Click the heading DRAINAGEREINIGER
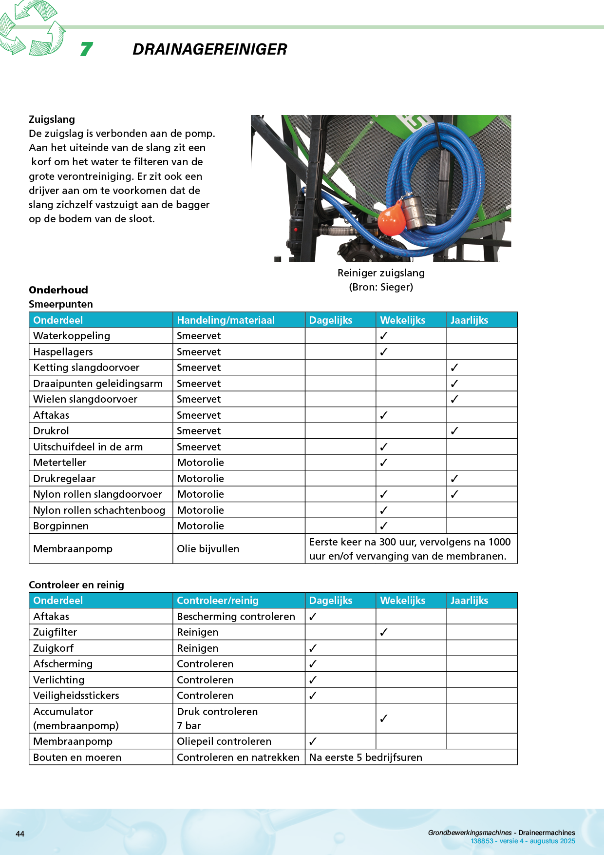coord(209,49)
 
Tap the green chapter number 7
coord(86,49)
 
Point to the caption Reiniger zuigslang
coord(381,273)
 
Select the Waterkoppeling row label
coord(72,336)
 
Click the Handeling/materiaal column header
coord(226,320)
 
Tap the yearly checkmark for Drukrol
coord(454,431)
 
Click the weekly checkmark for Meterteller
coord(384,463)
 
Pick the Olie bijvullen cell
coord(208,549)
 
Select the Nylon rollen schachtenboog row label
coord(99,510)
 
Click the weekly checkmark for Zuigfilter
coord(384,632)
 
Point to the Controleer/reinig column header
coord(218,601)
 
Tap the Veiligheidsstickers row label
coord(76,696)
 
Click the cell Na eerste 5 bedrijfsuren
coord(366,758)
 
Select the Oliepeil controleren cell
coord(224,741)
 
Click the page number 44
coord(20,834)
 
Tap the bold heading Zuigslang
coord(52,119)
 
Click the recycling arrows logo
coord(32,27)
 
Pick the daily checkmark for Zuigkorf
coord(313,648)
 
